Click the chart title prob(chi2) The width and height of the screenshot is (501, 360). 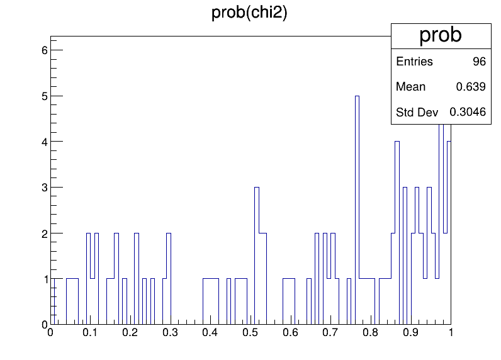[x=249, y=13]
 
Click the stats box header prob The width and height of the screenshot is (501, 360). [x=441, y=35]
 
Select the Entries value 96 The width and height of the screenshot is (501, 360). [x=479, y=61]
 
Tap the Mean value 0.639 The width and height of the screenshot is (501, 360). [x=471, y=87]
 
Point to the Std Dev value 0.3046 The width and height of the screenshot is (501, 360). [x=468, y=112]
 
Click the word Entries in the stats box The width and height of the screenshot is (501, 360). [x=414, y=61]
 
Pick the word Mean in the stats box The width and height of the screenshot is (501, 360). [x=410, y=87]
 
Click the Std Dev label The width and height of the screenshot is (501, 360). [x=417, y=112]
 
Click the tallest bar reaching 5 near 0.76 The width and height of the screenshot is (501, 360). [x=357, y=210]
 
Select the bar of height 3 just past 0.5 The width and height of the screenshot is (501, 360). [x=257, y=256]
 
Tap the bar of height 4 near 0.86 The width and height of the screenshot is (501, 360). [x=397, y=232]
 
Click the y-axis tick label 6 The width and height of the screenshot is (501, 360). [x=45, y=50]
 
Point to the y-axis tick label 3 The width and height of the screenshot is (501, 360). [x=45, y=188]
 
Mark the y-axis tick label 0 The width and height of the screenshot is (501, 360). [x=45, y=325]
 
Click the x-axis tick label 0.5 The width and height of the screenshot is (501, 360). [x=250, y=332]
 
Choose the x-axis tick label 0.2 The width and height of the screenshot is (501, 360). [x=130, y=332]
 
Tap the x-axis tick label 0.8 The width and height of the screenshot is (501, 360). [x=370, y=332]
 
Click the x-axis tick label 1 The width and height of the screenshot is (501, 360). [x=451, y=332]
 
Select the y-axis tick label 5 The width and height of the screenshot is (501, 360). [x=45, y=96]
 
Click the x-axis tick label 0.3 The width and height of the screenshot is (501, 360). [x=170, y=332]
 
